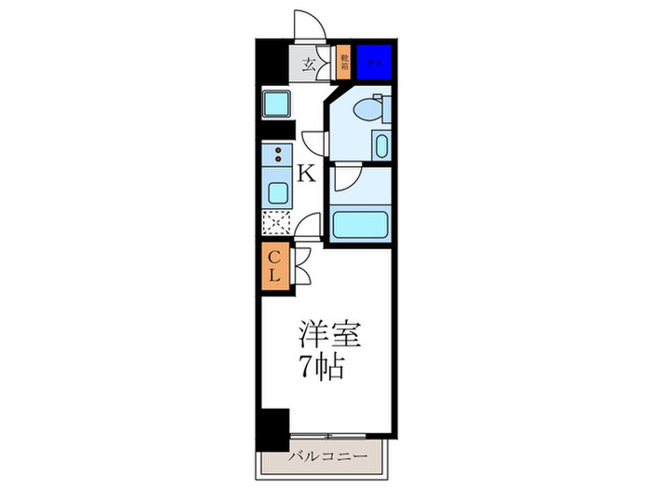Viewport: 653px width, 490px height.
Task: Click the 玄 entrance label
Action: [307, 65]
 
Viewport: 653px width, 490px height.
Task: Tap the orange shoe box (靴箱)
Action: [343, 63]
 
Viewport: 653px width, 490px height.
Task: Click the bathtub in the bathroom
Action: [359, 225]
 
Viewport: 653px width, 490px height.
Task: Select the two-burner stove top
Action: [277, 154]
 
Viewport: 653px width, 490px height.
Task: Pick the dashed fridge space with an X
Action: [277, 224]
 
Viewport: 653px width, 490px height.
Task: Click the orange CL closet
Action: [274, 267]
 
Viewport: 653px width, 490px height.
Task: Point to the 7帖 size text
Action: [322, 366]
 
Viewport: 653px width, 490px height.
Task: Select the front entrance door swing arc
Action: [308, 24]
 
